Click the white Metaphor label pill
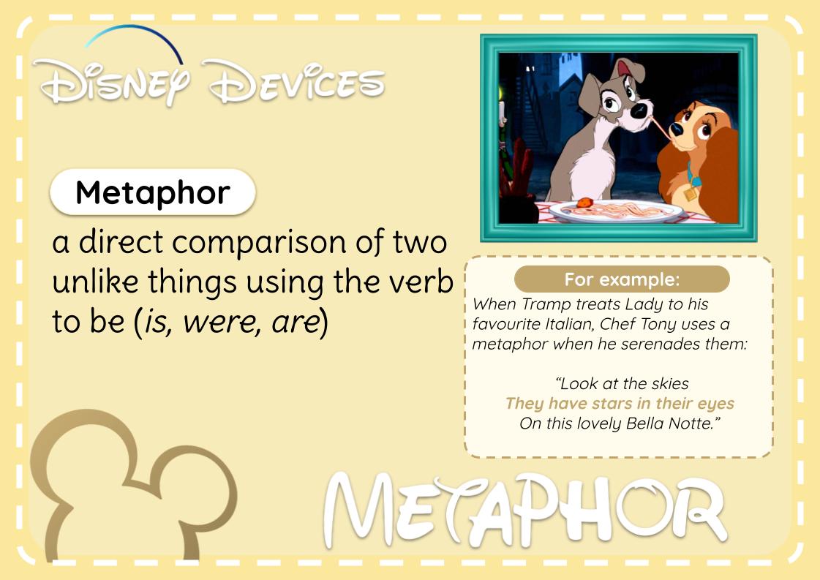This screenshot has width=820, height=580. tap(152, 193)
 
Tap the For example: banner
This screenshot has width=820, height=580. tap(622, 279)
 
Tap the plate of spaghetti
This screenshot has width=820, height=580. tap(617, 210)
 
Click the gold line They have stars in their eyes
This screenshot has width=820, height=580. tap(620, 404)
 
